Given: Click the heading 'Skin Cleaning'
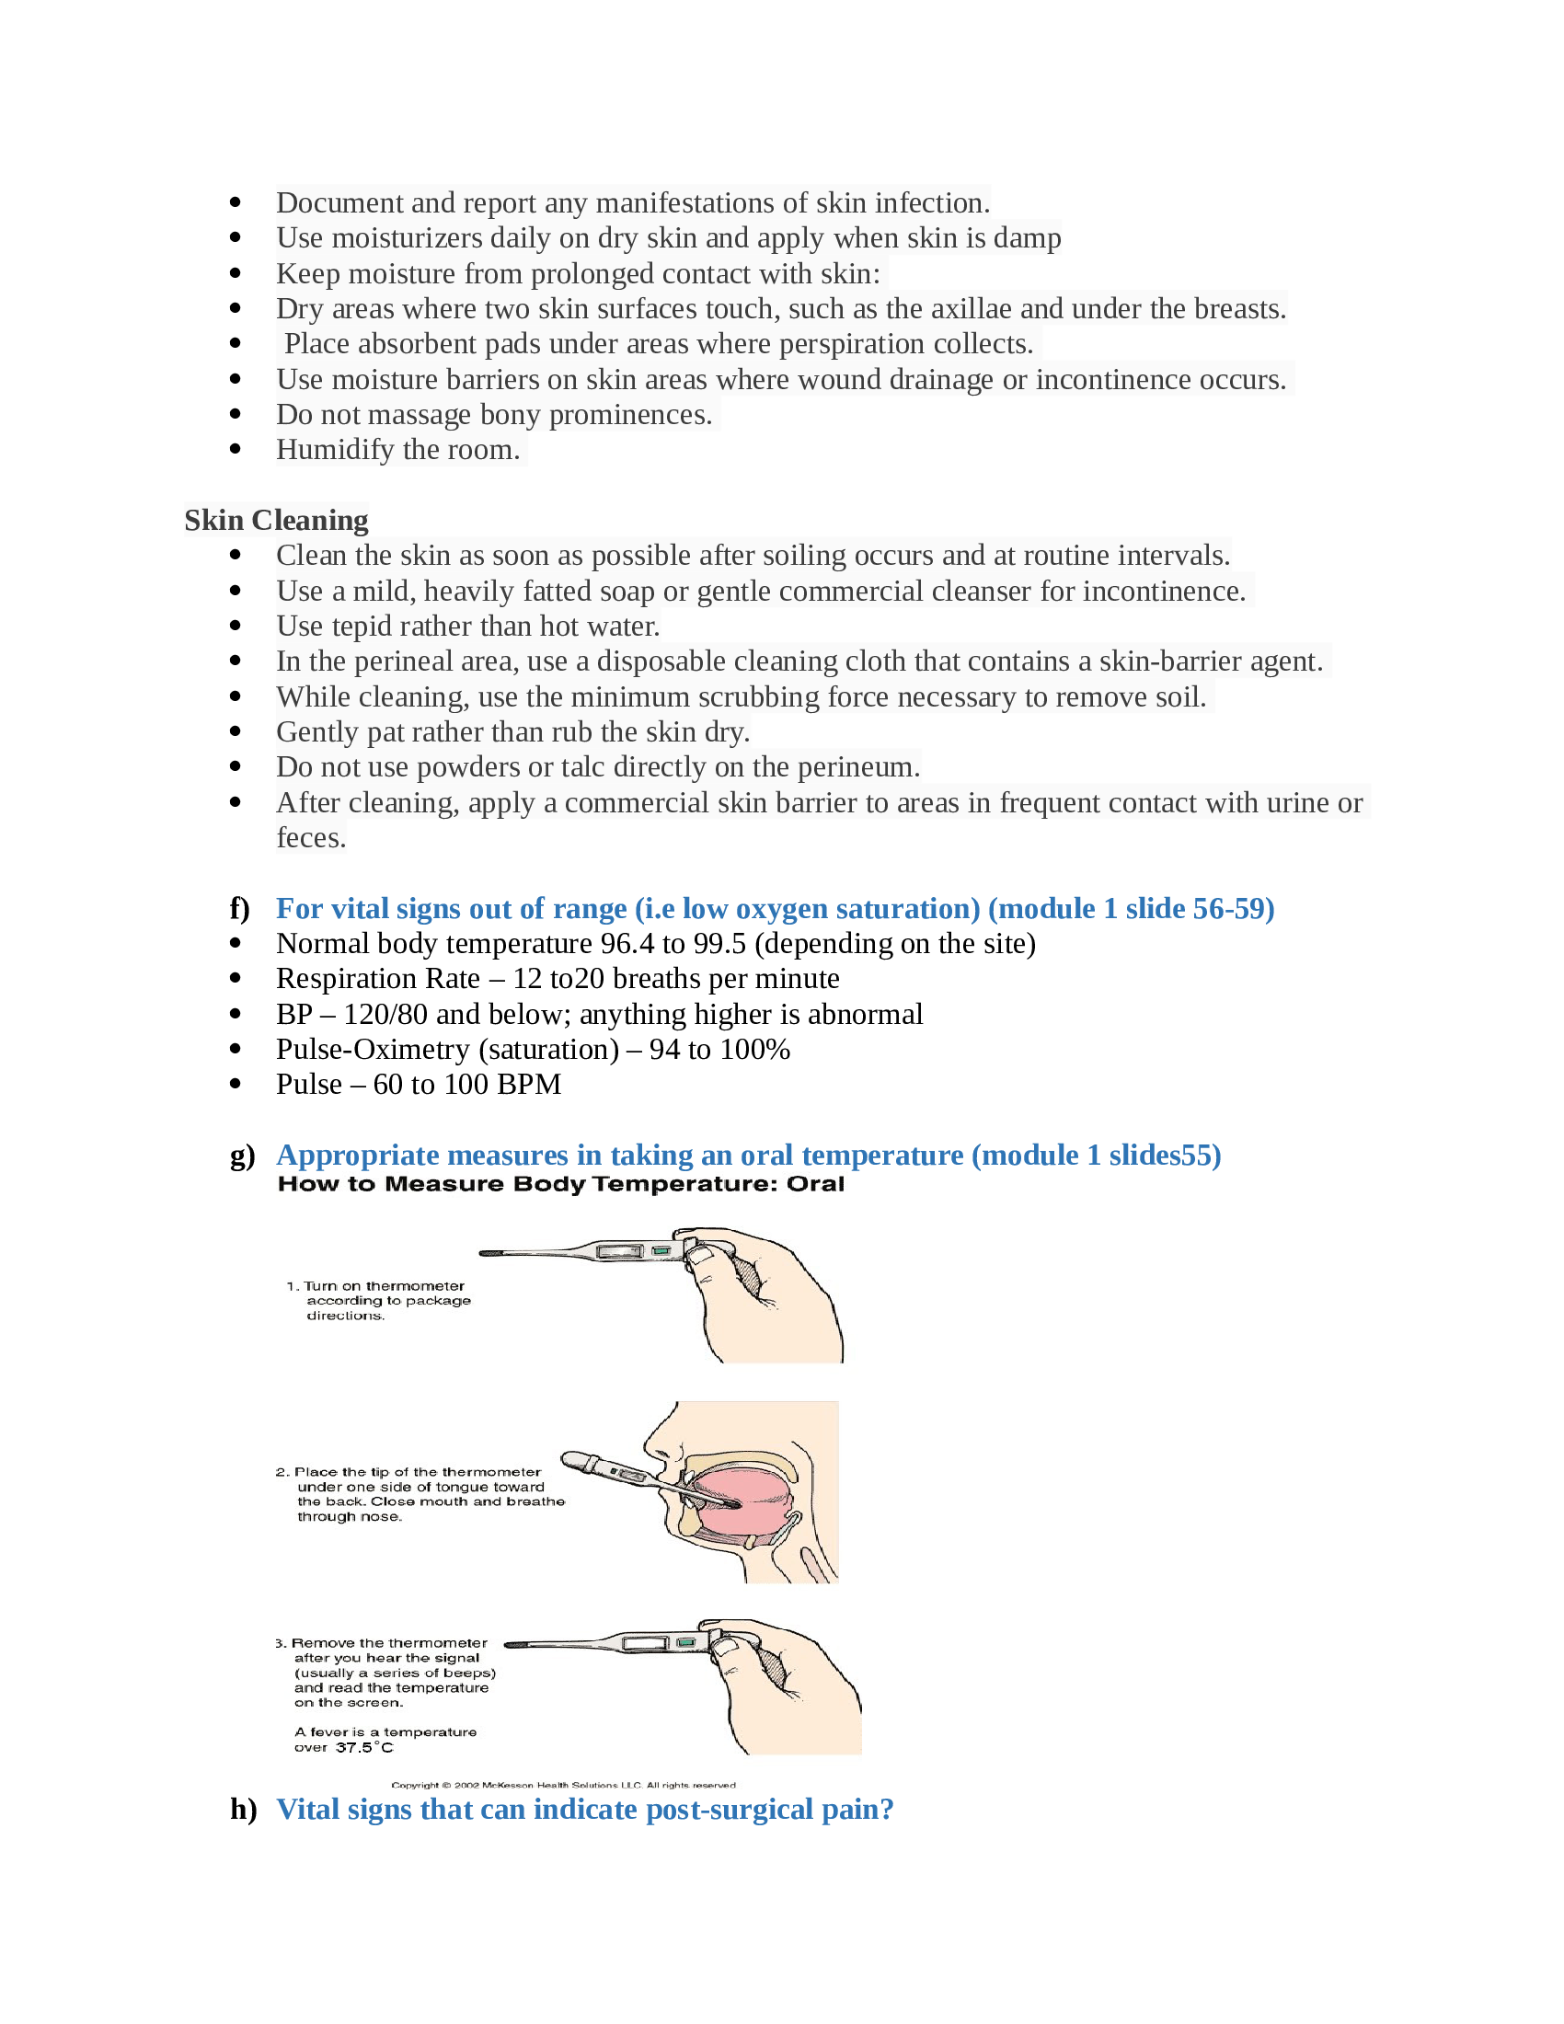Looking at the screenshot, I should [x=276, y=520].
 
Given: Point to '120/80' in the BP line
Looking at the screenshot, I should [x=385, y=1014].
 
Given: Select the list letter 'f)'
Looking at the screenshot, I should [x=240, y=908].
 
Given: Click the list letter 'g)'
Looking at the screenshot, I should [x=242, y=1156].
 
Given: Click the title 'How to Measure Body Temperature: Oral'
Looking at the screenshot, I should [x=560, y=1184].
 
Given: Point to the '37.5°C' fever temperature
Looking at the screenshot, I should [x=364, y=1748].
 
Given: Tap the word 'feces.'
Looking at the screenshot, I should [x=311, y=838].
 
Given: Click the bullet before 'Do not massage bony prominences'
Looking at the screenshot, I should [x=236, y=414].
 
